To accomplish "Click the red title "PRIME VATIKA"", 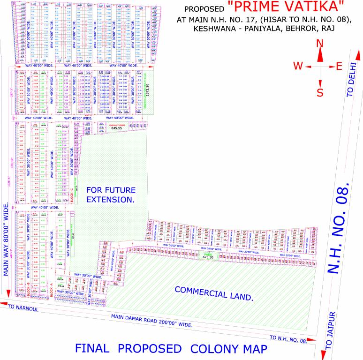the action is pos(286,7).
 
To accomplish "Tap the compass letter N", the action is pos(320,44).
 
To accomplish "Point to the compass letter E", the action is pos(339,66).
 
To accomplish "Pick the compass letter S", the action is pos(320,92).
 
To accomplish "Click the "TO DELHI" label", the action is pos(353,81).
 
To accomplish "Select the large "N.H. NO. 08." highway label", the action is pos(339,229).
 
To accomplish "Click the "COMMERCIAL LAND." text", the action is pos(214,293).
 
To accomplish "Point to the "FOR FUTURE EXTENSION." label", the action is pos(110,195).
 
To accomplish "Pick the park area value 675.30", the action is pos(208,257).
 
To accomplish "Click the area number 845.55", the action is pos(116,128).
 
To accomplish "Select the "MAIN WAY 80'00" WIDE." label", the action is pos(6,247).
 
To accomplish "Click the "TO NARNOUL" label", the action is pos(22,307).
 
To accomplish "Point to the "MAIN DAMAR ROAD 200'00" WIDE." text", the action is pos(152,321).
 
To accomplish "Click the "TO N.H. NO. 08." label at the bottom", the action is pos(288,338).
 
